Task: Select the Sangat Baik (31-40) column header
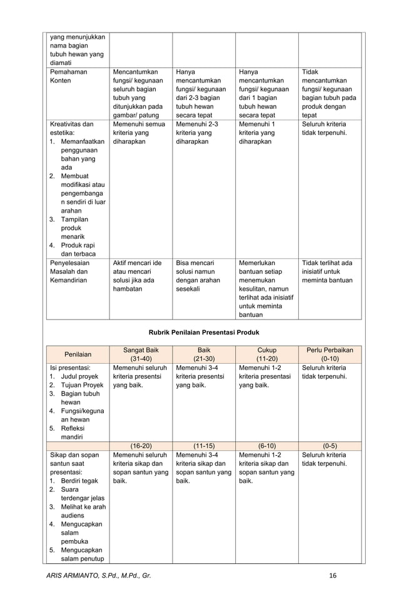tap(140, 354)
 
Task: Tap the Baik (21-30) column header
tap(203, 354)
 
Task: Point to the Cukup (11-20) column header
tap(266, 354)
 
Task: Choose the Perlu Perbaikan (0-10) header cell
tap(330, 354)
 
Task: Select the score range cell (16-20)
tap(140, 447)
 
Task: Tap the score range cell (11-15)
tap(203, 447)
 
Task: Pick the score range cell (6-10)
tap(266, 447)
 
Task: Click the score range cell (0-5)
tap(330, 447)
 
